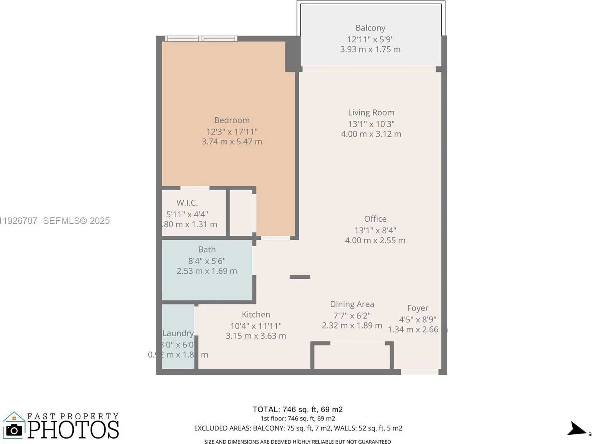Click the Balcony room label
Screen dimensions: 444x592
click(x=370, y=28)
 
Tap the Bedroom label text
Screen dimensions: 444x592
click(x=232, y=120)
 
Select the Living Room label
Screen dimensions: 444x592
click(x=371, y=112)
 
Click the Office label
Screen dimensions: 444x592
click(x=375, y=219)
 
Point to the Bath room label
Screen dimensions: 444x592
click(x=207, y=249)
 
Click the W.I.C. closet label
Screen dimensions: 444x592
click(x=187, y=203)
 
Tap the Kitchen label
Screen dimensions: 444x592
click(x=256, y=314)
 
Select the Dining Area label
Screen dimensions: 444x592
click(x=352, y=304)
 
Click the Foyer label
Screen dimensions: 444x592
click(x=417, y=308)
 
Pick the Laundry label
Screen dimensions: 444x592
click(x=178, y=333)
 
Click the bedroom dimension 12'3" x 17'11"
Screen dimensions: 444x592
click(x=232, y=132)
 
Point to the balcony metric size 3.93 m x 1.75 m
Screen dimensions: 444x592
click(x=370, y=49)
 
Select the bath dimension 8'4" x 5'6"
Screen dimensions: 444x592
click(x=207, y=261)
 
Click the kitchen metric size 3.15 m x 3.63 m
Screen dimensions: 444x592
click(x=256, y=336)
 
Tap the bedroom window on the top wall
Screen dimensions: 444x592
click(x=201, y=39)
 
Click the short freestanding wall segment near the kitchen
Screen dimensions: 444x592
click(x=300, y=277)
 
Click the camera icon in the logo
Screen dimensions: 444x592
click(x=14, y=430)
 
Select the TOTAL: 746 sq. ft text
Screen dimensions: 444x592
click(x=298, y=409)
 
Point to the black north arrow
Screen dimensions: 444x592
click(x=577, y=429)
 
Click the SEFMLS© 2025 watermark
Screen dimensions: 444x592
click(x=76, y=221)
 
